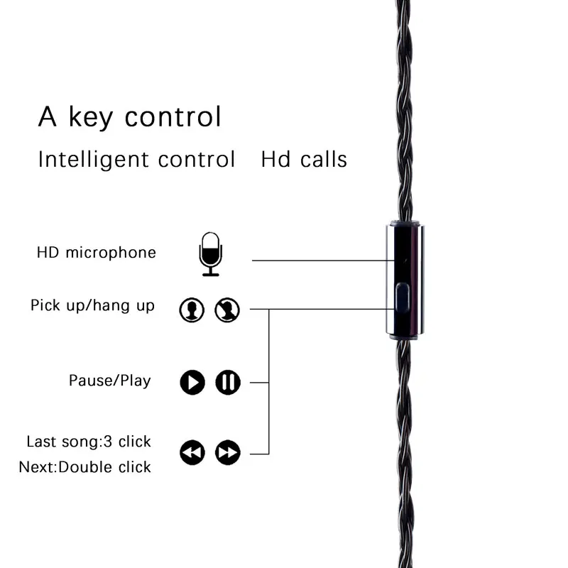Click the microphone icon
click(x=210, y=253)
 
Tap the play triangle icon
click(x=192, y=383)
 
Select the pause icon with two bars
click(x=228, y=383)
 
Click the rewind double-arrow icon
click(x=192, y=452)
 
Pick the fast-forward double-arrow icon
click(x=228, y=452)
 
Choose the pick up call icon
click(x=192, y=310)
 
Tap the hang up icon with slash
click(x=228, y=310)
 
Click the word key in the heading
click(x=92, y=117)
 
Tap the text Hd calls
click(x=304, y=159)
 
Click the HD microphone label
click(x=97, y=253)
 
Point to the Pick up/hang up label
click(x=92, y=306)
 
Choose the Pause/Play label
click(x=110, y=381)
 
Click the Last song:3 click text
click(x=89, y=442)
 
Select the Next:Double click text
click(x=85, y=467)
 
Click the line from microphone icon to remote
click(x=319, y=261)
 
